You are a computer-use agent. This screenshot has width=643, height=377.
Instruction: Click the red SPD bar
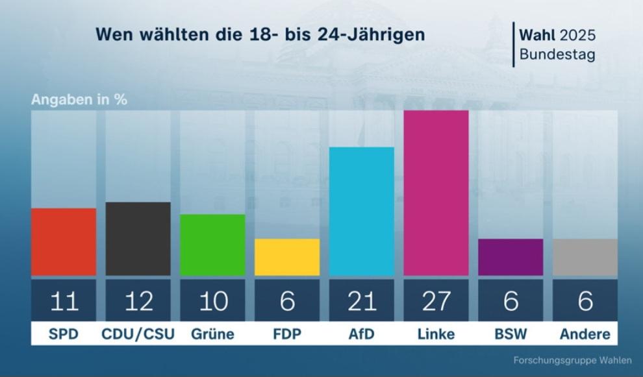tap(64, 241)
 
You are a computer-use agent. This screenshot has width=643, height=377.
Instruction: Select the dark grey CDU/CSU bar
tap(138, 239)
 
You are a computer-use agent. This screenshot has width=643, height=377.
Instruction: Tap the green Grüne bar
tap(212, 245)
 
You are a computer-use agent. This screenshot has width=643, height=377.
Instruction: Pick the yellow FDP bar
tap(287, 257)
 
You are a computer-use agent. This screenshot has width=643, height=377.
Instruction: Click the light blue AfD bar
tap(362, 211)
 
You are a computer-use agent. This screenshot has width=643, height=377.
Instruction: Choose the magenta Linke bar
tap(436, 193)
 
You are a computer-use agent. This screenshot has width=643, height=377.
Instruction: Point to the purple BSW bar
tap(511, 257)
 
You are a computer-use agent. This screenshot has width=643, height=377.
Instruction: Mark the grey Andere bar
tap(585, 257)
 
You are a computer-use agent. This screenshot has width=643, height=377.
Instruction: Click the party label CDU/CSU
tap(138, 335)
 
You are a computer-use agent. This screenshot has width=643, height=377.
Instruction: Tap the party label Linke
tap(436, 335)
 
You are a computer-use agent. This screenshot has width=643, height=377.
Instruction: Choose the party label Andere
tap(585, 335)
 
